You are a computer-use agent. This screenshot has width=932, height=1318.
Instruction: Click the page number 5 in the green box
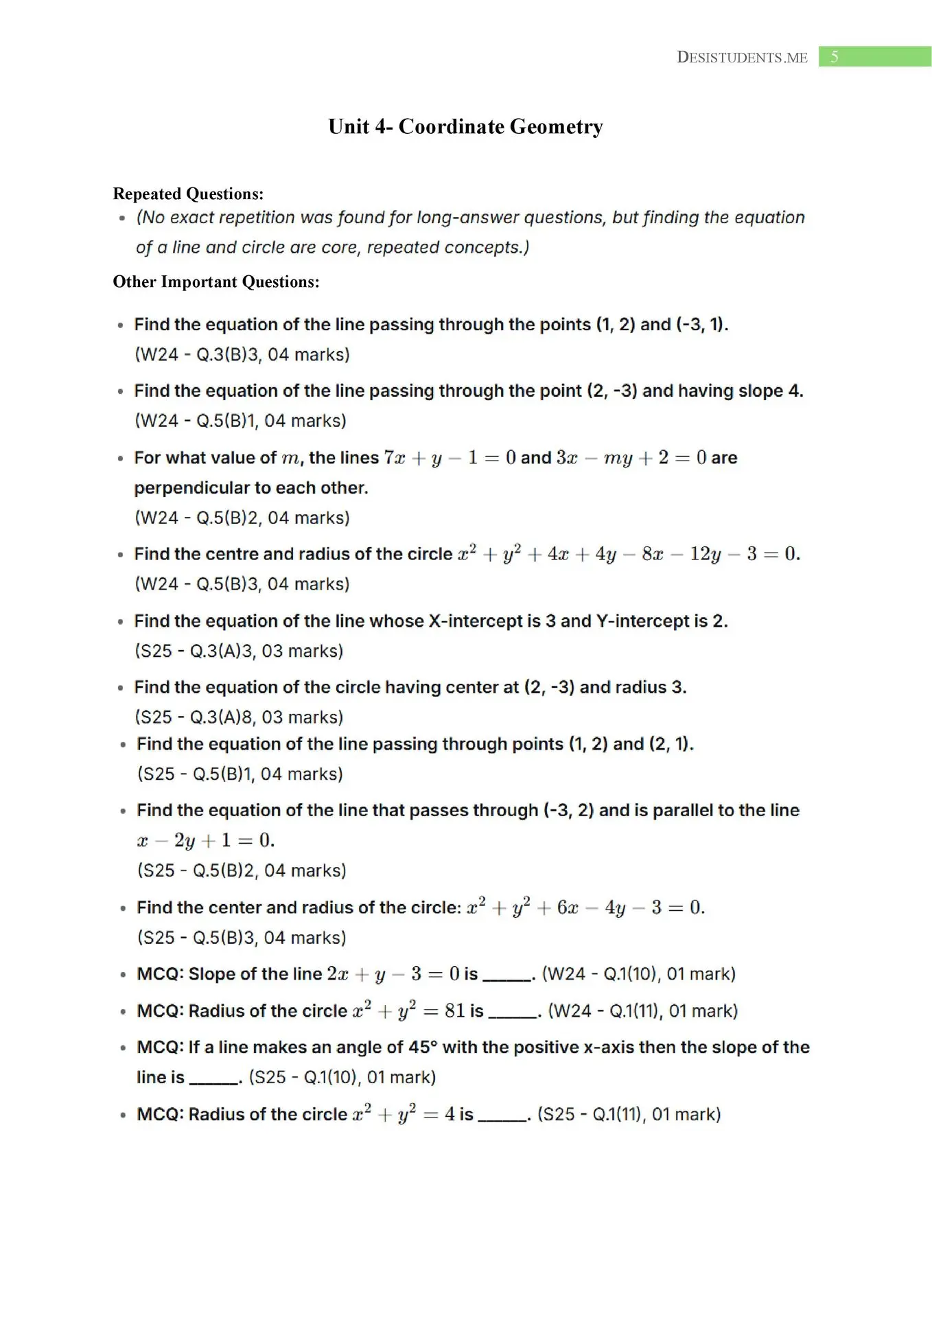834,57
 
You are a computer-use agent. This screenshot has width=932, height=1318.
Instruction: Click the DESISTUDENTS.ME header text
741,58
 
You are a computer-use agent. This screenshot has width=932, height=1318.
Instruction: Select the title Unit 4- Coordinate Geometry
465,126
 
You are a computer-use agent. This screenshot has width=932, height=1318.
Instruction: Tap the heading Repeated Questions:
188,194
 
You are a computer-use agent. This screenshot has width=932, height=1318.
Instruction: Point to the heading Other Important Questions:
215,281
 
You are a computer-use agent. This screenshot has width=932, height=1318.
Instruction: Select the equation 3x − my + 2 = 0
631,458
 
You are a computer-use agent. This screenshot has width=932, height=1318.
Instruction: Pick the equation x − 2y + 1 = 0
205,840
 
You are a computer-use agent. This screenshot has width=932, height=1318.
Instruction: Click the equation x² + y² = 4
404,1113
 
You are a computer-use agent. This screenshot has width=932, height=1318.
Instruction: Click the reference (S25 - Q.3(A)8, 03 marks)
239,717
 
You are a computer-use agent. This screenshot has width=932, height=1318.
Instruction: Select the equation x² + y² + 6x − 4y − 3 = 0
585,907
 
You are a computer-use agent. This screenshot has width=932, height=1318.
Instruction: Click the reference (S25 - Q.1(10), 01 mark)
342,1077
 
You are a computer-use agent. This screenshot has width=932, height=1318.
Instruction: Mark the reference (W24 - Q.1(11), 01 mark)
642,1011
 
